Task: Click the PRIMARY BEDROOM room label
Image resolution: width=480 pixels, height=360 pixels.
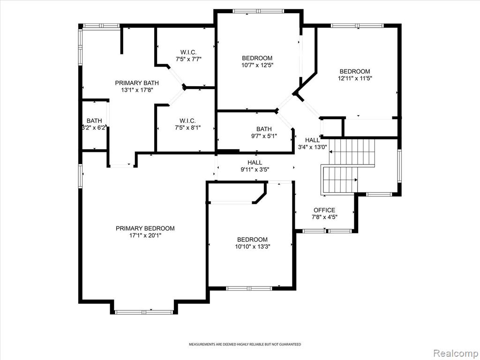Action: click(x=145, y=228)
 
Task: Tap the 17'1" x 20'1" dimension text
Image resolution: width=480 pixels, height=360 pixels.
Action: click(x=145, y=235)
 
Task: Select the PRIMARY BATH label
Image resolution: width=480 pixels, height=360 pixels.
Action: click(x=137, y=83)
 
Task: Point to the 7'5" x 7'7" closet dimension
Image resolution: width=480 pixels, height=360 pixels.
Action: click(x=188, y=59)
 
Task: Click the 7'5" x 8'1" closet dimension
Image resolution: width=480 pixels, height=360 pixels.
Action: click(x=187, y=127)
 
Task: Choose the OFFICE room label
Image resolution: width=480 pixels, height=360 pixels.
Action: click(x=324, y=210)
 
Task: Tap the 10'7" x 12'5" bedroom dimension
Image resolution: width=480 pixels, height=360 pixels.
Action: click(x=257, y=65)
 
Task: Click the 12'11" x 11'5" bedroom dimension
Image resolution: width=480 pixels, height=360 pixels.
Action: click(x=355, y=78)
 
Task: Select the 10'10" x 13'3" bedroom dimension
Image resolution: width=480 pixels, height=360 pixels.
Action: click(x=252, y=247)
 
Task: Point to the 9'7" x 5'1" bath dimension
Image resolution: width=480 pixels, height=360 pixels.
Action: click(x=264, y=136)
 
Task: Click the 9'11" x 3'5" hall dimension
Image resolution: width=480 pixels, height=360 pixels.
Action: click(x=255, y=169)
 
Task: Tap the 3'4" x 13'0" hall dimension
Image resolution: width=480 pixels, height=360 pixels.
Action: click(x=313, y=147)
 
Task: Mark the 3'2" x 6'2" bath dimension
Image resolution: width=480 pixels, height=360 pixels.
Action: click(x=94, y=127)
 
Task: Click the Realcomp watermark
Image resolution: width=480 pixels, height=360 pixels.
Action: click(x=456, y=353)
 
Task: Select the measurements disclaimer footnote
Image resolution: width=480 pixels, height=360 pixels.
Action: click(x=245, y=345)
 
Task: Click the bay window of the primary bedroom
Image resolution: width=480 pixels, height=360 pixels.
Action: click(x=144, y=312)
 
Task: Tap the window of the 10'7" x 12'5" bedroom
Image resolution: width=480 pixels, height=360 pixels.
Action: click(x=258, y=11)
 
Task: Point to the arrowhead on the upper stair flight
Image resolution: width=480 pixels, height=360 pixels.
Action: click(x=331, y=151)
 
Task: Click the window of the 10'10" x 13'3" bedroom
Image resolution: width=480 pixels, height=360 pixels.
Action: click(x=249, y=288)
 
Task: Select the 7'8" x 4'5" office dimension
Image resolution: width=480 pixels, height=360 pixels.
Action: click(x=324, y=217)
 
